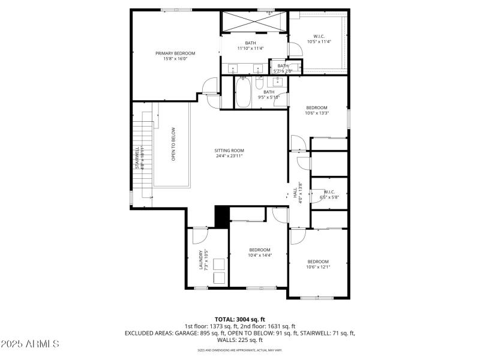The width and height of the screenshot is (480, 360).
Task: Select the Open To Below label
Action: (x=173, y=145)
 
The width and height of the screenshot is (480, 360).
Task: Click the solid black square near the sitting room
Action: (x=222, y=217)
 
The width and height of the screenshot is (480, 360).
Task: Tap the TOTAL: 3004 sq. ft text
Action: (x=239, y=319)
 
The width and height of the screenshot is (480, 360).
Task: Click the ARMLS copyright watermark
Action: (x=31, y=344)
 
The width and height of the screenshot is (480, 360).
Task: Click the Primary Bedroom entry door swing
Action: (x=209, y=88)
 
